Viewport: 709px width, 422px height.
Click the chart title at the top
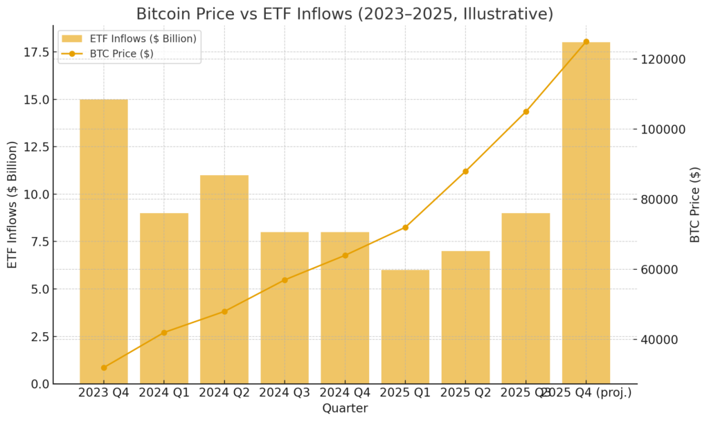click(345, 14)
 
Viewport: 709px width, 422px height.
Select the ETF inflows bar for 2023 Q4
click(104, 242)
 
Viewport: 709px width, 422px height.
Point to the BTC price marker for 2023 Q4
click(104, 367)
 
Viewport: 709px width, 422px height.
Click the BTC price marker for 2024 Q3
click(285, 279)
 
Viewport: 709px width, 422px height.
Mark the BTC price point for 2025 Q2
click(465, 171)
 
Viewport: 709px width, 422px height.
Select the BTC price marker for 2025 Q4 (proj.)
click(586, 42)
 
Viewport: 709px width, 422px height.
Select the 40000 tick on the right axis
click(658, 340)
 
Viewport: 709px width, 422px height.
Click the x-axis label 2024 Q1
click(164, 393)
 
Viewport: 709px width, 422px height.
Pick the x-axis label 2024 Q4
click(345, 393)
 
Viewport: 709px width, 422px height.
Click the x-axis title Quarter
click(345, 408)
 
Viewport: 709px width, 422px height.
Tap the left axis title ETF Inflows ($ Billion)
click(12, 204)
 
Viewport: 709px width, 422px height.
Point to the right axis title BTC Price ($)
click(695, 204)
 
